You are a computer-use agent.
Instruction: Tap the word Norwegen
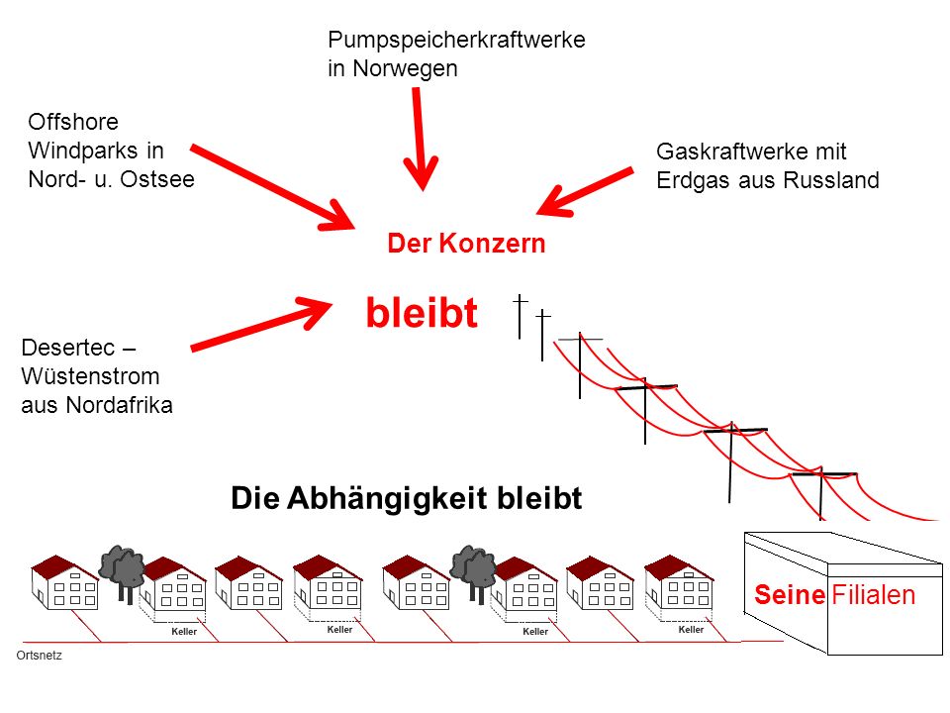(405, 68)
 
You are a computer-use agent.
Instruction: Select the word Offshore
(72, 122)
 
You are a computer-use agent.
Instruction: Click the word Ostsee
(157, 179)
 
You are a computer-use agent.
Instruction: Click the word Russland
(830, 180)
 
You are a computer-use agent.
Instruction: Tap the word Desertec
(68, 348)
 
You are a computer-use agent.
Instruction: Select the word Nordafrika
(119, 404)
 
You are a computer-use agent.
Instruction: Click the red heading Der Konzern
(466, 244)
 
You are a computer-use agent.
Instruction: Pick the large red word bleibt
(422, 313)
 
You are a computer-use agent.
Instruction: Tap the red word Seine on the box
(790, 595)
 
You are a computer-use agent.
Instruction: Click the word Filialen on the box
(873, 595)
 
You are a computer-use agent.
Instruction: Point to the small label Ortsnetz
(39, 656)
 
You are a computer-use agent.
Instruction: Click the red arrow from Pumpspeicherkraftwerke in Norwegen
(420, 139)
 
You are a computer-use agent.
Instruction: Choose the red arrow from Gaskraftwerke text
(585, 192)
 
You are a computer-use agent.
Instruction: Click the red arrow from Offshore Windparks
(272, 188)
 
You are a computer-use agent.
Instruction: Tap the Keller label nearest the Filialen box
(691, 630)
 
